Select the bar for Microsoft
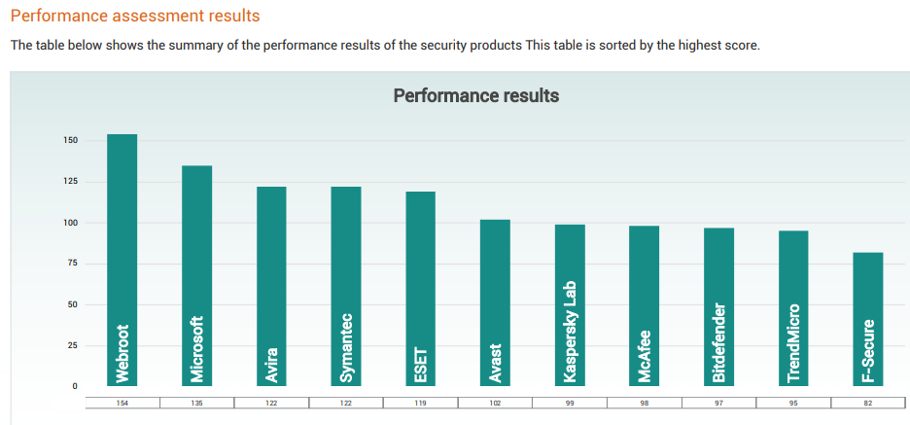tap(197, 276)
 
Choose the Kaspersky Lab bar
tap(570, 305)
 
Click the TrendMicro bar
tap(793, 308)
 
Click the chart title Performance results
tap(475, 95)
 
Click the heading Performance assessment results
tap(135, 17)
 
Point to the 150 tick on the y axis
tap(71, 141)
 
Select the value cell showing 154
tap(122, 402)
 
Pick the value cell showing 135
tap(197, 402)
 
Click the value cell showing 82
tap(868, 402)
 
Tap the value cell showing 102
tap(495, 402)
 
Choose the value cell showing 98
tap(645, 402)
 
